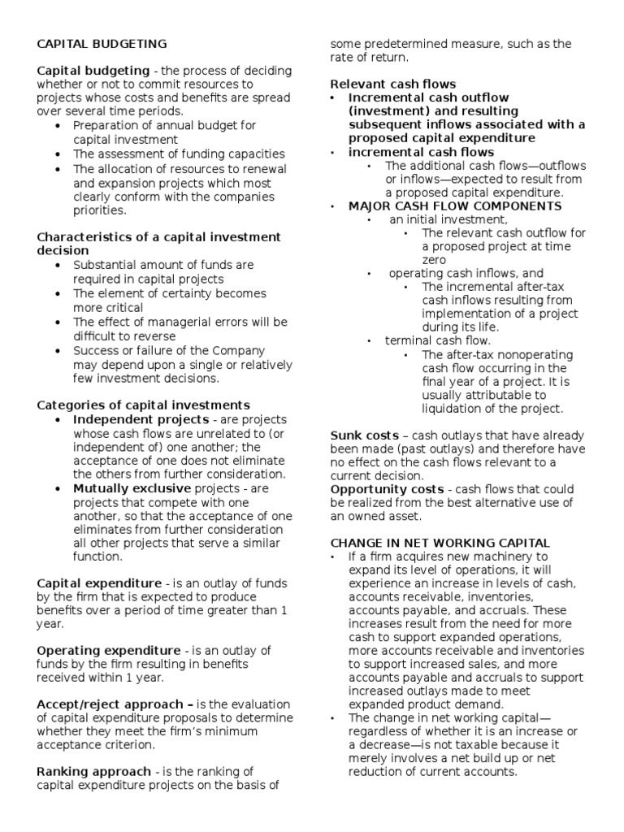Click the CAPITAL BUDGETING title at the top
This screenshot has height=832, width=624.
[x=102, y=44]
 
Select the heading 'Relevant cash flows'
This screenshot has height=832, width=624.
[x=393, y=84]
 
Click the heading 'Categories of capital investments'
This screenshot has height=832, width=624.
[x=143, y=405]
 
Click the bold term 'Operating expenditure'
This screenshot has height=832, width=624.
[x=109, y=650]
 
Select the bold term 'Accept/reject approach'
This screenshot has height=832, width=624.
[x=113, y=704]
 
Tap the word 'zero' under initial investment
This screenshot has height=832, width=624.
[x=435, y=259]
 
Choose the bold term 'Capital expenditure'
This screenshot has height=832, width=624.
[x=100, y=583]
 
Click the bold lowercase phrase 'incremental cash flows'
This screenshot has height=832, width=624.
[x=421, y=152]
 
